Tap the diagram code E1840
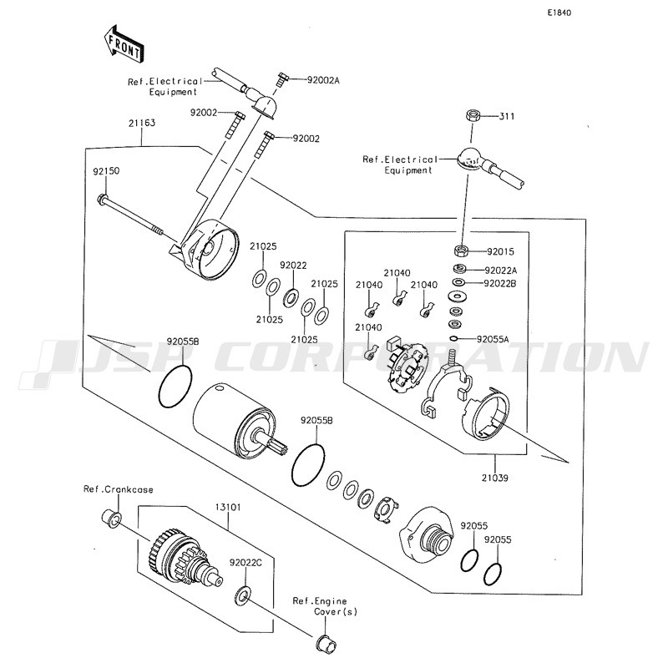[x=559, y=13]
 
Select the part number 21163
[x=142, y=123]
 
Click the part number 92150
[x=107, y=171]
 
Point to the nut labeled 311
[x=473, y=115]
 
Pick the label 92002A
[x=323, y=79]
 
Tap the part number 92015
[x=500, y=251]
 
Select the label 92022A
[x=501, y=271]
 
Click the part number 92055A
[x=493, y=339]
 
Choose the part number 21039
[x=495, y=478]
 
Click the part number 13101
[x=227, y=507]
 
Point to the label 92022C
[x=245, y=563]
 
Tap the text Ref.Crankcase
[x=118, y=489]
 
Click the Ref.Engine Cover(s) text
[x=326, y=606]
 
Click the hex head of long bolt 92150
[x=103, y=198]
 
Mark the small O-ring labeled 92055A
[x=454, y=339]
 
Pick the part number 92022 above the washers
[x=294, y=265]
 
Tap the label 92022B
[x=500, y=283]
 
